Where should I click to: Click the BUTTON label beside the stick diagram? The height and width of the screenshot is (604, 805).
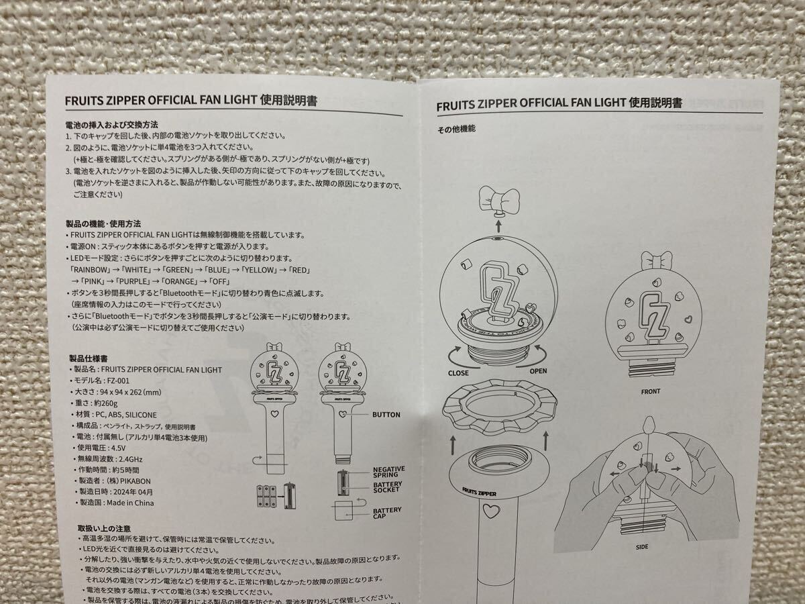click(x=386, y=415)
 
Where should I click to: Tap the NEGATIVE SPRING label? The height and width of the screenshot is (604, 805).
click(x=388, y=472)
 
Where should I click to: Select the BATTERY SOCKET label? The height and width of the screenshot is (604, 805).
click(x=388, y=487)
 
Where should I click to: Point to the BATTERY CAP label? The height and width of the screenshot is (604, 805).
click(x=387, y=513)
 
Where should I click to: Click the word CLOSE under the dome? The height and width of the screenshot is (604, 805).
click(x=458, y=373)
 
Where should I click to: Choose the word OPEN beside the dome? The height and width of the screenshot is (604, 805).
click(x=538, y=371)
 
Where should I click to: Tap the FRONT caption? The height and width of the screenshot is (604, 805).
click(x=651, y=392)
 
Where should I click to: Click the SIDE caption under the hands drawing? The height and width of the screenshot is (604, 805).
click(x=642, y=547)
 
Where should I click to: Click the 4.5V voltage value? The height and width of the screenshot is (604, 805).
click(x=117, y=448)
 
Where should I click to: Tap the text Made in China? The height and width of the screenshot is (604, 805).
click(x=130, y=503)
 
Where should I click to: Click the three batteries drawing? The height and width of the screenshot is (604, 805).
click(x=266, y=496)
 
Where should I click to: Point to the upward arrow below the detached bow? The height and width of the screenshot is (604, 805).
click(x=498, y=225)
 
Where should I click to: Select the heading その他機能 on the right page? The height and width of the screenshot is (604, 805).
click(x=456, y=129)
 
